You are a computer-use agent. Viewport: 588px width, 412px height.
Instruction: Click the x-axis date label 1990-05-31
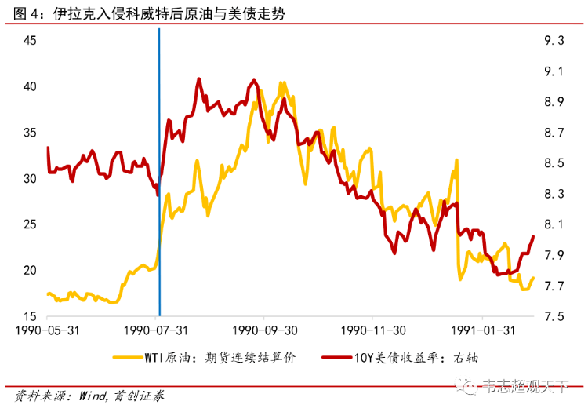point(48,331)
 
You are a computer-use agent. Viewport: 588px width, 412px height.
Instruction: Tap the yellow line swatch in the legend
point(133,358)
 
